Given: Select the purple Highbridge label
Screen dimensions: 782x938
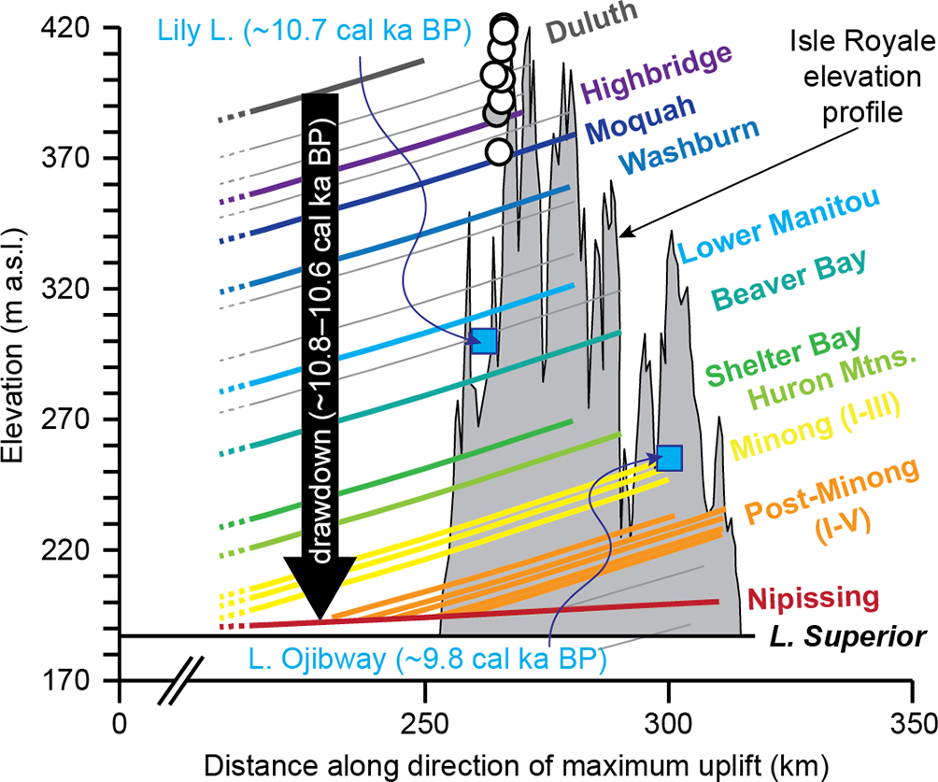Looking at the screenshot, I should click(654, 74).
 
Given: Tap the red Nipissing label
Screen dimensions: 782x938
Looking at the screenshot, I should click(814, 598).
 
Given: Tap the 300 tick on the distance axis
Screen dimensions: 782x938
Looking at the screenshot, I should click(667, 720).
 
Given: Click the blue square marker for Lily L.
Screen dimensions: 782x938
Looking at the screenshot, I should click(484, 341).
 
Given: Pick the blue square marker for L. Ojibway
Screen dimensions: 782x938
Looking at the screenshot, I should click(670, 458).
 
